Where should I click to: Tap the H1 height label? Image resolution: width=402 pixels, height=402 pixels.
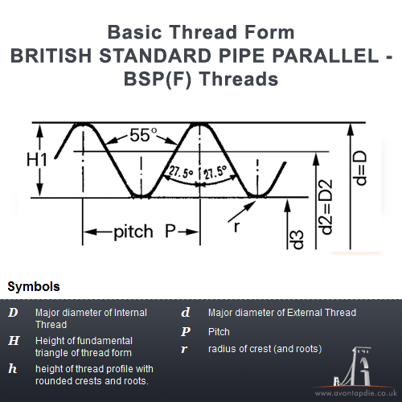37,160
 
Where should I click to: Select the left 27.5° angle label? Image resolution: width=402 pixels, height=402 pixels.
182,171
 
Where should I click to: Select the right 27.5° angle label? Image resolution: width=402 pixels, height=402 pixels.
214,171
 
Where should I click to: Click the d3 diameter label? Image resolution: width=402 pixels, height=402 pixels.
296,239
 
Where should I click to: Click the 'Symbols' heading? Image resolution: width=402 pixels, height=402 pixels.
33,286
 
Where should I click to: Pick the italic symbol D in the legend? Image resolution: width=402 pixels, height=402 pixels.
13,313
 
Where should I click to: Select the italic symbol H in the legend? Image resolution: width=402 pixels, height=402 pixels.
13,341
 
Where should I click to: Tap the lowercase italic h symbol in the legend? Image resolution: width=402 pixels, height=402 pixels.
13,368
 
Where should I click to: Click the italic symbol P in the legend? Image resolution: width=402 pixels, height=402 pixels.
186,331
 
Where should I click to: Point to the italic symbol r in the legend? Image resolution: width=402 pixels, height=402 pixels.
184,349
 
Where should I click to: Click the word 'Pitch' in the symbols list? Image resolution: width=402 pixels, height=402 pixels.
219,331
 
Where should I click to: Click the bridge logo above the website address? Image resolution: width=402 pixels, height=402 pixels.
359,368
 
